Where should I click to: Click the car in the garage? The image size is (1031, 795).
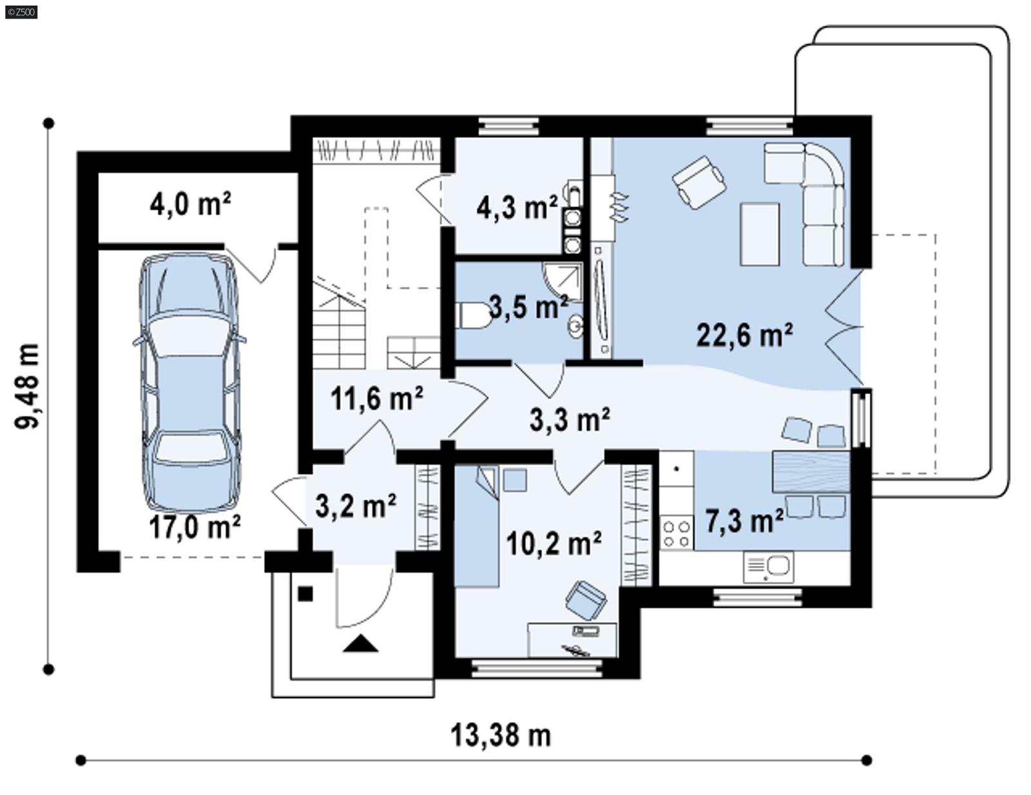point(189,384)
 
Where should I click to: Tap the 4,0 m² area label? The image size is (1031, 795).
point(190,205)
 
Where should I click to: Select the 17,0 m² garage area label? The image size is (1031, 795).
point(195,527)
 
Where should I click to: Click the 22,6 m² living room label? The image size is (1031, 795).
point(744,335)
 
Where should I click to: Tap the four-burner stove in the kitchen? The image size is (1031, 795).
point(676,533)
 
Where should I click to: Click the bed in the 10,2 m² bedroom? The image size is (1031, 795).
point(476,529)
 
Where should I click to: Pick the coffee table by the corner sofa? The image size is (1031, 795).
point(760,233)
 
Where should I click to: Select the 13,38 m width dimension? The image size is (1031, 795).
point(501,736)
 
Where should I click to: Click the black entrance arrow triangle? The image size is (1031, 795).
point(360,643)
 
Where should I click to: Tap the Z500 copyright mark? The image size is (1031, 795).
point(21,11)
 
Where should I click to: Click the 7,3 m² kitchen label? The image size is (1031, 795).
point(744,520)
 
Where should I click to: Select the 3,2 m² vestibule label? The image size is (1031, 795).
point(356,506)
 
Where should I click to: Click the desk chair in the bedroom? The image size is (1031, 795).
point(586,599)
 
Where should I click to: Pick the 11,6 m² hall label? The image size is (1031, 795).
point(377,398)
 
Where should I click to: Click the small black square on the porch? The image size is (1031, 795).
point(305,593)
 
